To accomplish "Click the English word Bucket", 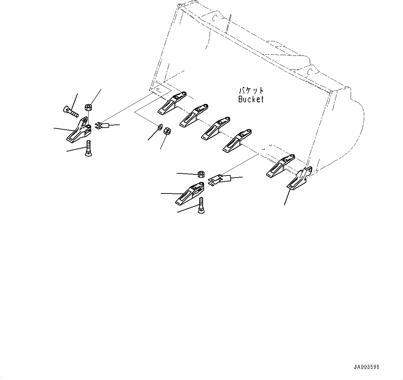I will [251, 99].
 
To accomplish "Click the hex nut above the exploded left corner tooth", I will [88, 107].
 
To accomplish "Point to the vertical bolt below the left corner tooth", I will [88, 148].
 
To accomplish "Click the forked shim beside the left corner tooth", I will [103, 126].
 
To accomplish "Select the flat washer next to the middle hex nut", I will [160, 127].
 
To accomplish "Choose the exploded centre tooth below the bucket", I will [190, 193].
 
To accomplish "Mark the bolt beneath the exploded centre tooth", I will [201, 206].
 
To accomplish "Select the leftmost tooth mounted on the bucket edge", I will [172, 103].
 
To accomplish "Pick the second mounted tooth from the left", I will [193, 115].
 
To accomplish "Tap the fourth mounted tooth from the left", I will [236, 141].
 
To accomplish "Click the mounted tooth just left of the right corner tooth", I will [280, 165].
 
